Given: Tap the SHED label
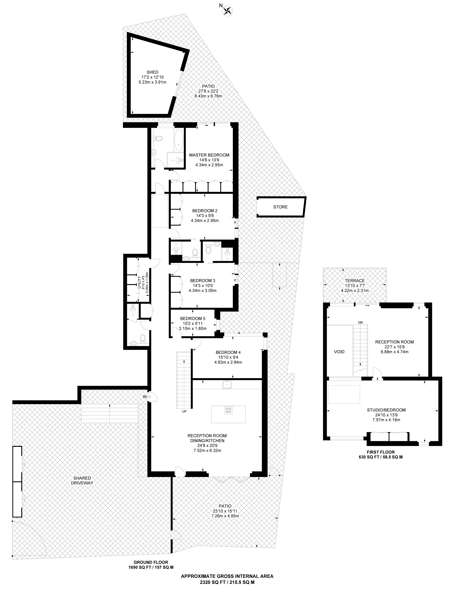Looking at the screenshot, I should click(152, 72).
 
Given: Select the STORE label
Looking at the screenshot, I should click(280, 207).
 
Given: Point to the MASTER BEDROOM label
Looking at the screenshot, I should click(209, 155).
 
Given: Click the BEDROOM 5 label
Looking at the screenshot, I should click(193, 318).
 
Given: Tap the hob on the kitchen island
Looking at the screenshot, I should click(228, 410).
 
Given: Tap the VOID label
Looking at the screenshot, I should click(339, 352).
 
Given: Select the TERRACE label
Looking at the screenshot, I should click(355, 281).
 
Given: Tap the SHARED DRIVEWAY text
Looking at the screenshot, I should click(82, 480).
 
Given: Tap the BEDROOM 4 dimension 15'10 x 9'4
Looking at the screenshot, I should click(228, 357).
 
